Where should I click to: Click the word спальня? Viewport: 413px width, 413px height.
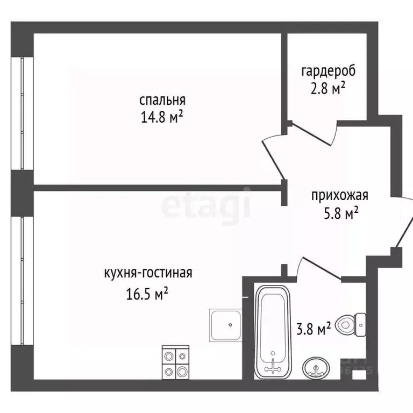(x=162, y=100)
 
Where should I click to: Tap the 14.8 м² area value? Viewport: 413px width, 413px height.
(x=162, y=117)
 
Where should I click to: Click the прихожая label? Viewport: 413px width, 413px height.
(x=339, y=196)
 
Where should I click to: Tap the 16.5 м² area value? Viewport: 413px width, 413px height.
(x=146, y=293)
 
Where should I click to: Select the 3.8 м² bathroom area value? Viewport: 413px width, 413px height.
(x=314, y=328)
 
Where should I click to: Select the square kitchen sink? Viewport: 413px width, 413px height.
(x=225, y=325)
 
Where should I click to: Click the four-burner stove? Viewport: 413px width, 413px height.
(x=176, y=363)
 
